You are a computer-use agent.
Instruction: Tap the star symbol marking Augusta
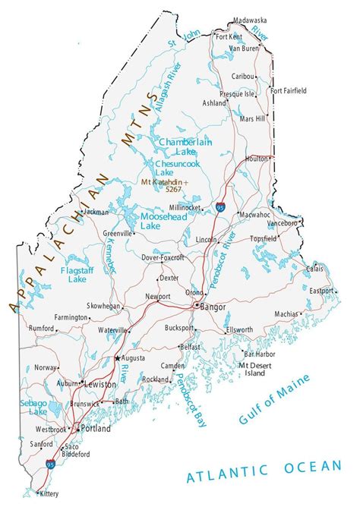(x=118, y=357)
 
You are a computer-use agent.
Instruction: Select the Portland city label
(x=96, y=428)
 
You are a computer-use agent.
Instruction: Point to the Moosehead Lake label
(x=161, y=221)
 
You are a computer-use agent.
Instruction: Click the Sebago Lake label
(x=34, y=406)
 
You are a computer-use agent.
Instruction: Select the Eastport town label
(x=320, y=291)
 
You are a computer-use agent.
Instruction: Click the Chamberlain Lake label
(x=185, y=146)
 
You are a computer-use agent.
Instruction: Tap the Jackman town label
(x=96, y=213)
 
